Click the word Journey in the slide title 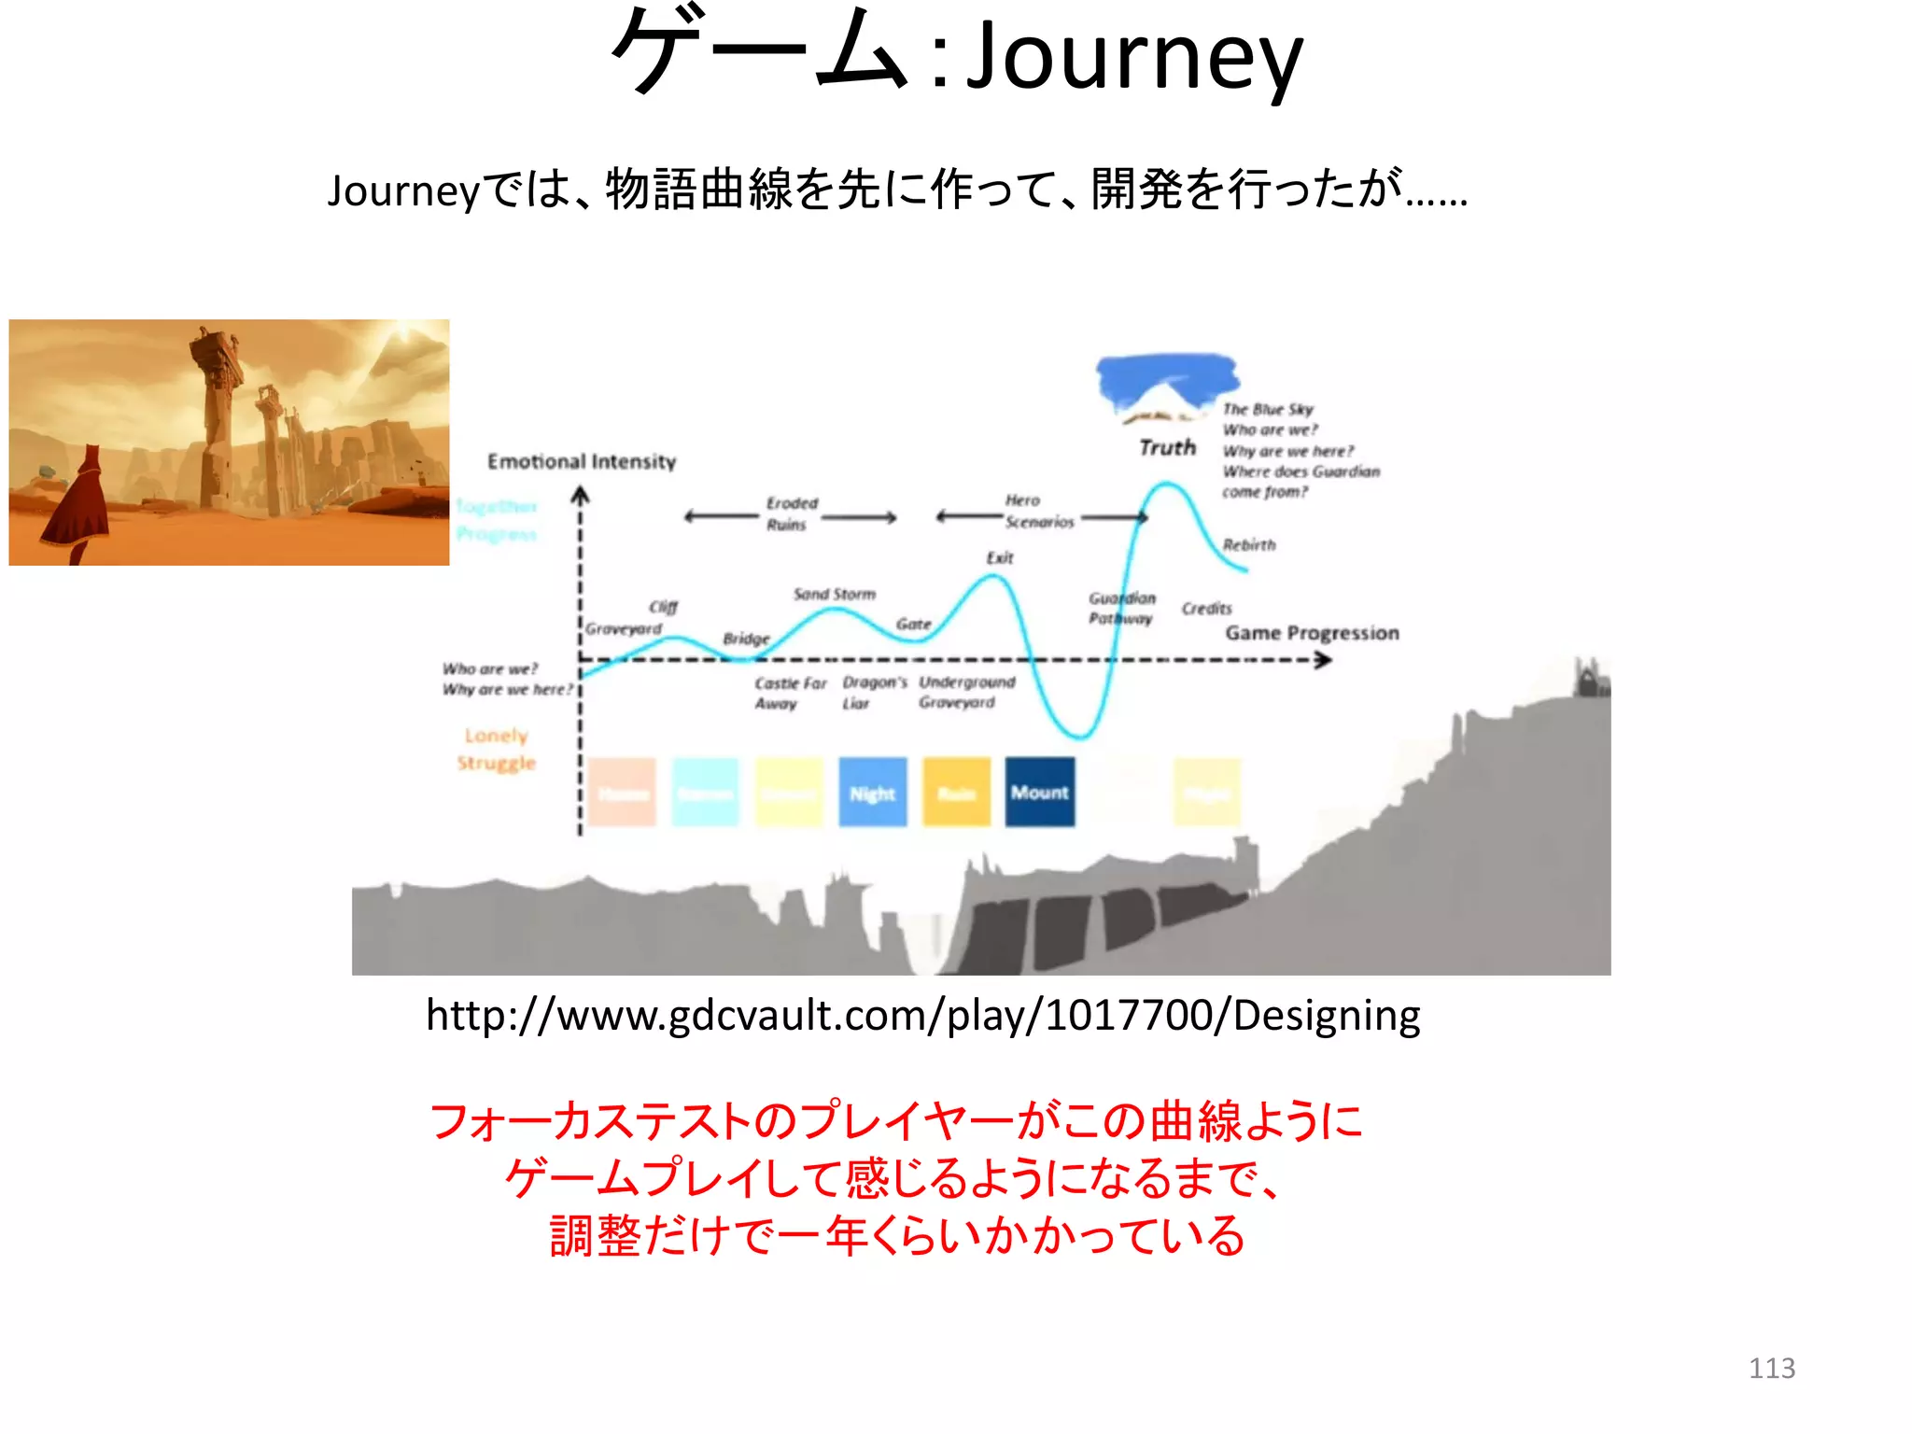1133,58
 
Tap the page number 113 1771,1368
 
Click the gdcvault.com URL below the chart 922,1015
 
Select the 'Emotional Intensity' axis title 582,461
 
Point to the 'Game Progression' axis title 1312,633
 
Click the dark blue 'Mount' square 1039,793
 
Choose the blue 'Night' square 872,793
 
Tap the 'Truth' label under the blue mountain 1167,448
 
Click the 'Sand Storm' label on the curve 835,594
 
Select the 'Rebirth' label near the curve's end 1249,544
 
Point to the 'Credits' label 1206,609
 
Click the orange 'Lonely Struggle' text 496,749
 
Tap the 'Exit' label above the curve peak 999,557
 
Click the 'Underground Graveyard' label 965,692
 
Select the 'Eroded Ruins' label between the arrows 791,513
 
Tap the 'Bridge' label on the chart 746,639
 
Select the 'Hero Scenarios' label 1036,512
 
